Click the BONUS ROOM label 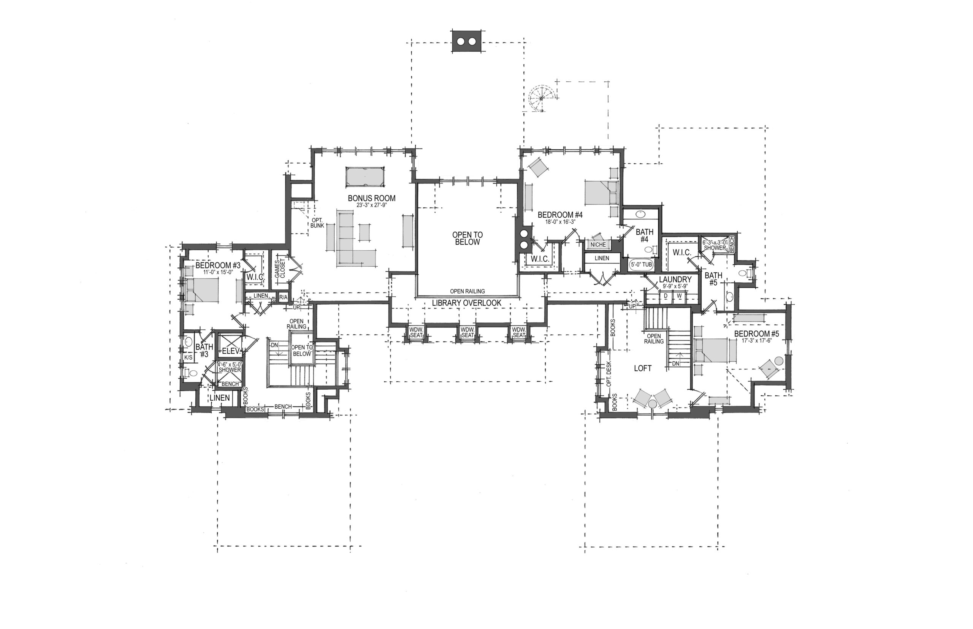pyautogui.click(x=371, y=199)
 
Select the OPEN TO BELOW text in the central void pyautogui.click(x=467, y=238)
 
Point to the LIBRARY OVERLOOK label pyautogui.click(x=467, y=303)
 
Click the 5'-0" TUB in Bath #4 pyautogui.click(x=641, y=265)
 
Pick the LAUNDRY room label pyautogui.click(x=675, y=280)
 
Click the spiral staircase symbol pyautogui.click(x=542, y=98)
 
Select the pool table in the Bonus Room pyautogui.click(x=365, y=177)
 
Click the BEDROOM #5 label pyautogui.click(x=751, y=334)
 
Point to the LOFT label pyautogui.click(x=642, y=368)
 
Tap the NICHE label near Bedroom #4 pyautogui.click(x=598, y=245)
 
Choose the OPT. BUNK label pyautogui.click(x=317, y=223)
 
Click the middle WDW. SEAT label pyautogui.click(x=467, y=332)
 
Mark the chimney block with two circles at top pyautogui.click(x=467, y=41)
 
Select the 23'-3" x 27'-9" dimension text pyautogui.click(x=371, y=205)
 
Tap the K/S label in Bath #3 pyautogui.click(x=189, y=357)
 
